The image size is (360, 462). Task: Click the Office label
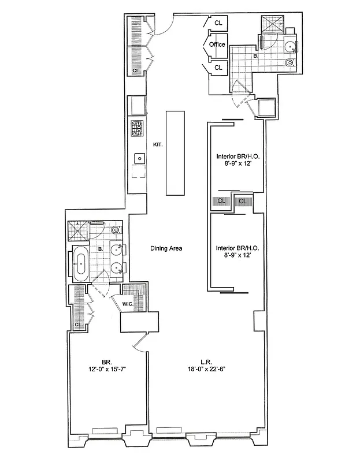(217, 45)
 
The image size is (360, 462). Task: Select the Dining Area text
(166, 248)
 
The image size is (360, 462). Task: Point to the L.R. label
(205, 362)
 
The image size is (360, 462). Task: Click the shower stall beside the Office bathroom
(272, 26)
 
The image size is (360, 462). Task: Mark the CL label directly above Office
(218, 23)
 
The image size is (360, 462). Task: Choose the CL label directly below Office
(218, 68)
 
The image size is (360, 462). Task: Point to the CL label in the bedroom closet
(77, 325)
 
